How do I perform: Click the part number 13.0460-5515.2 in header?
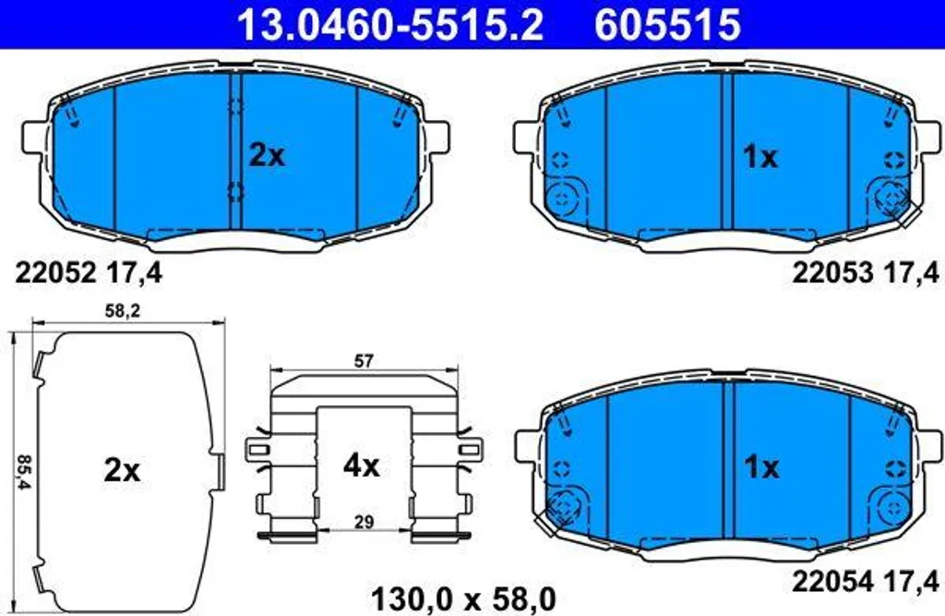coord(390,24)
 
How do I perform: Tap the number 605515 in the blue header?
coord(668,24)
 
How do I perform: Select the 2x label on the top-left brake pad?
coord(267,156)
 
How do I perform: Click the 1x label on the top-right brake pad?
coord(760,157)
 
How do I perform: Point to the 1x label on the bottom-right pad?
coord(761,466)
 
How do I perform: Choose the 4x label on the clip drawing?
coord(361,465)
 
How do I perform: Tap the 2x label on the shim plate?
coord(122,469)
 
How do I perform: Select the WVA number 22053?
coord(832,273)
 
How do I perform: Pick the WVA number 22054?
coord(832,582)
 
